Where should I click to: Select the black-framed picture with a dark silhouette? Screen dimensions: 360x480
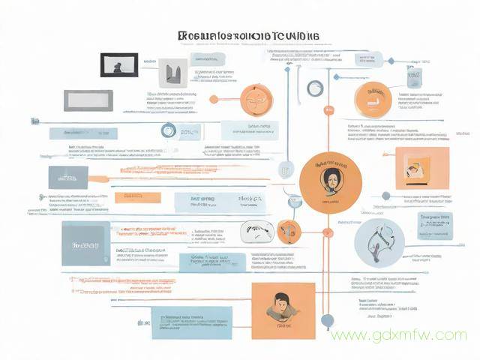pyautogui.click(x=119, y=64)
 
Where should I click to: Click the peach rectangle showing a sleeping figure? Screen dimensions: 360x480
pyautogui.click(x=421, y=168)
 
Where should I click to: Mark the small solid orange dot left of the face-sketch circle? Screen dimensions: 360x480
pyautogui.click(x=214, y=99)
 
